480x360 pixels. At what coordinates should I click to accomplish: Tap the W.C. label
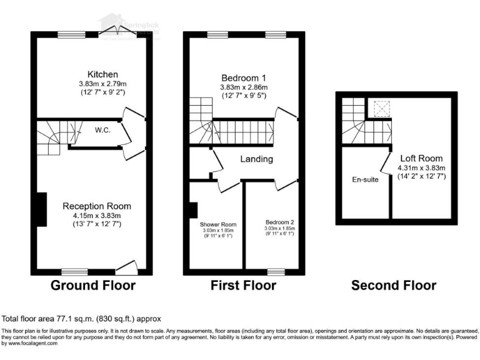click(103, 131)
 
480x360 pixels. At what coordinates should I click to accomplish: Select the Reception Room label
click(97, 206)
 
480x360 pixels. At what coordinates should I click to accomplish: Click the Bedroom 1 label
click(243, 78)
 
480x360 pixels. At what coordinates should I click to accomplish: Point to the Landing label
click(257, 159)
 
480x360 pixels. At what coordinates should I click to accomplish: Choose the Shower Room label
click(217, 224)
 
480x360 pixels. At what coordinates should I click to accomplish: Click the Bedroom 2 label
click(279, 222)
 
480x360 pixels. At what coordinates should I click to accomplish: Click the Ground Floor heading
click(92, 286)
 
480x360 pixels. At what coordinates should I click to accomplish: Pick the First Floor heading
click(243, 286)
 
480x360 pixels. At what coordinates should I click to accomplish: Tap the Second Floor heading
click(393, 286)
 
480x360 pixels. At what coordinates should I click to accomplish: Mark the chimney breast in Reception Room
click(41, 210)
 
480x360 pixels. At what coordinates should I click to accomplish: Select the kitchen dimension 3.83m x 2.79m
click(102, 84)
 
